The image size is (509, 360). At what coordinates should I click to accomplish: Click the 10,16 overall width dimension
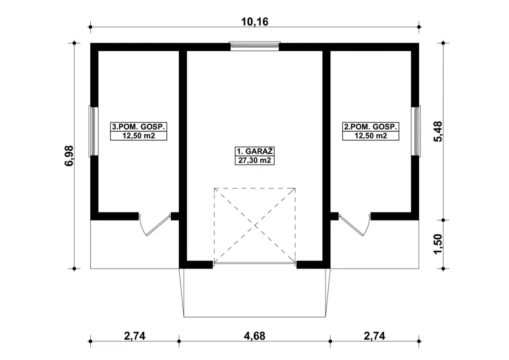pos(254,22)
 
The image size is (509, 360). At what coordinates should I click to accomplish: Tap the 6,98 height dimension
pos(69,156)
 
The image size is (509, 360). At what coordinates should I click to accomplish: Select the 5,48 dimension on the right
pos(438,132)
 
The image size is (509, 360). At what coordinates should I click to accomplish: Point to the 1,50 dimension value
pos(438,244)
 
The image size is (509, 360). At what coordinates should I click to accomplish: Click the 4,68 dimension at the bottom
pos(254,336)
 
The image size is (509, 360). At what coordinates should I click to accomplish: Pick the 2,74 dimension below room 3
pos(135,336)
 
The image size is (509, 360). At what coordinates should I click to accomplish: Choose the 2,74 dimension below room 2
pos(375,336)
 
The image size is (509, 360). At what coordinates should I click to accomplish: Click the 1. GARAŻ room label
pos(254,151)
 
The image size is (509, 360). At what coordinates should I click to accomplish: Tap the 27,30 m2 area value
pos(254,160)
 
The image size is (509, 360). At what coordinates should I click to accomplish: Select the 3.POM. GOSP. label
pos(138,126)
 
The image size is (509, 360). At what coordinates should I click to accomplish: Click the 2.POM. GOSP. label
pos(371,126)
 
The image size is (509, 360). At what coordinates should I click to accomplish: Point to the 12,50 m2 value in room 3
pos(139,136)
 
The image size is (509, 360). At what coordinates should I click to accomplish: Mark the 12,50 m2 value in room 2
pos(371,136)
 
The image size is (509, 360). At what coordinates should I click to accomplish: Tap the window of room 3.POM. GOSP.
pos(93,131)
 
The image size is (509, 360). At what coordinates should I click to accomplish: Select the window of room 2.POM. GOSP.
pos(416,131)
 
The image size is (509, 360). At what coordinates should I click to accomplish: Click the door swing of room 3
pos(155,225)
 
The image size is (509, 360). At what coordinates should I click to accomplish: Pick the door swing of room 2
pos(354,225)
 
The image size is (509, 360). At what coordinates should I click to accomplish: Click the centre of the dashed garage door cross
pos(255,225)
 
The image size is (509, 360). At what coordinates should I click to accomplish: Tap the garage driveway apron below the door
pos(254,293)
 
